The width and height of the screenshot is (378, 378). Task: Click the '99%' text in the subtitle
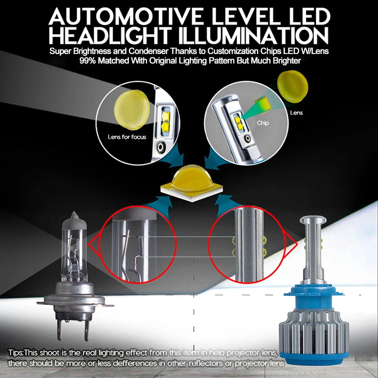pos(88,61)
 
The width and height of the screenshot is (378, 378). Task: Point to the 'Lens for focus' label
pos(127,137)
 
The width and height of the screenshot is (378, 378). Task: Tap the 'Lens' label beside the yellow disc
pos(296,113)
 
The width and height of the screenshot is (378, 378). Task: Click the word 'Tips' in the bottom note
pos(15,353)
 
